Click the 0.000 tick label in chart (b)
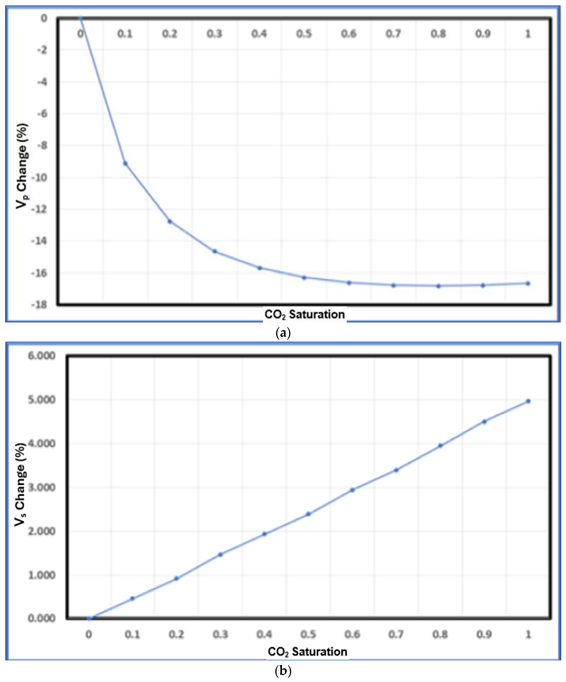click(42, 618)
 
